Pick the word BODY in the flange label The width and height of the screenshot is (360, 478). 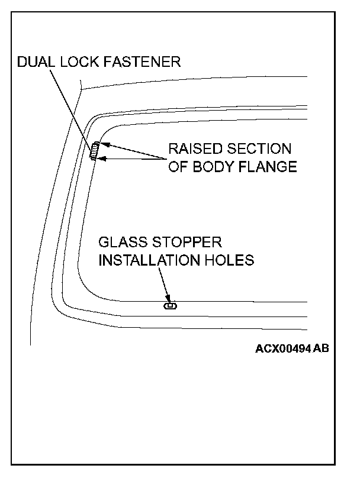213,167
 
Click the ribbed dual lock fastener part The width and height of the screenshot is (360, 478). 94,151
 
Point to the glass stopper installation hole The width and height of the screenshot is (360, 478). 170,306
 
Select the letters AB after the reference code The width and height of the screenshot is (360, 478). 320,348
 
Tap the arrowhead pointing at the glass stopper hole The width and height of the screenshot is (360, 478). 169,298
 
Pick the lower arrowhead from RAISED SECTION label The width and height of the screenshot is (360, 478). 102,158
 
